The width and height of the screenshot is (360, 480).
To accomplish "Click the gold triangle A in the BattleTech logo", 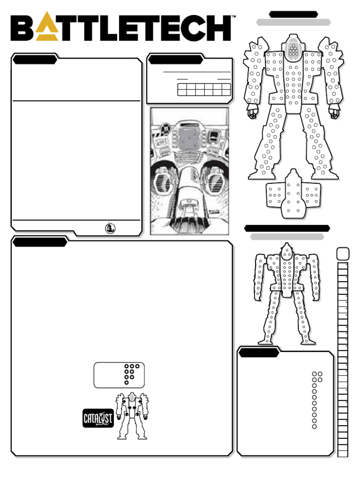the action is point(49,29).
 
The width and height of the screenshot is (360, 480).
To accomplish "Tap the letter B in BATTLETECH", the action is point(23,28).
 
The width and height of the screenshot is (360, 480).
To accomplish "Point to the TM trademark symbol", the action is point(233,17).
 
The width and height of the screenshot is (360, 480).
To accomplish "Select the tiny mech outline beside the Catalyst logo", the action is point(132,415).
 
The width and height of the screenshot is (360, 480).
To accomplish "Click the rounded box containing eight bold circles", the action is point(119,375).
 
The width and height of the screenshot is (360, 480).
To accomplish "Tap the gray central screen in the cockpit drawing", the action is point(189,138).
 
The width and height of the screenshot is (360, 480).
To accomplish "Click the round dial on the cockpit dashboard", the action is point(165,127).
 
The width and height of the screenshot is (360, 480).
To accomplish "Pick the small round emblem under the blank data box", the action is point(111,228).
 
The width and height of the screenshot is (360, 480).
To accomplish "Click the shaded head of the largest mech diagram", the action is point(293,47).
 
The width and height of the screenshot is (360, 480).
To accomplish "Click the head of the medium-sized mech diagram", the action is point(287,253).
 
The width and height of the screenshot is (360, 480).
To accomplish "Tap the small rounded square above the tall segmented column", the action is point(343,254).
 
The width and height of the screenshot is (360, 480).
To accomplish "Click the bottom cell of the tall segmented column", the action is point(343,452).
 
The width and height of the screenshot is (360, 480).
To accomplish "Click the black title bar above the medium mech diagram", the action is point(287,228).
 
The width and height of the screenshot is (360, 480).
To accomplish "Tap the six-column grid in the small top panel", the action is point(204,90).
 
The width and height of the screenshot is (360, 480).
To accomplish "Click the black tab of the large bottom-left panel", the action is point(40,242).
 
